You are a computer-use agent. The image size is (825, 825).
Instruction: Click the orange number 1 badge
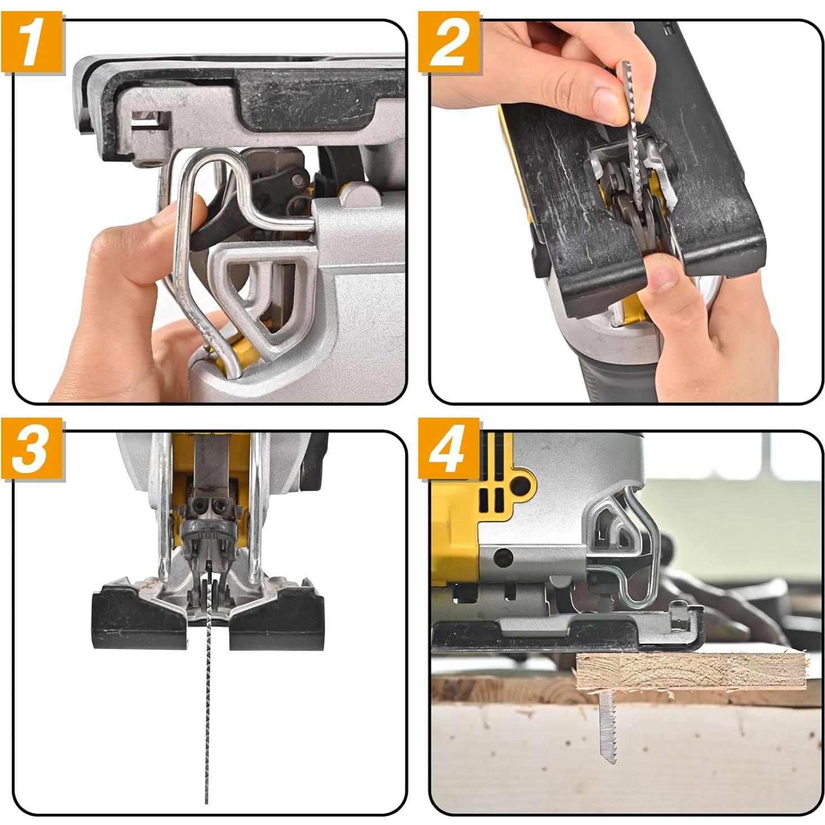(x=32, y=43)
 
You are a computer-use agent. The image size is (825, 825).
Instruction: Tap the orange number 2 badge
(x=448, y=43)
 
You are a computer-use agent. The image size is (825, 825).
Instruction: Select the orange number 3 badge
(x=32, y=449)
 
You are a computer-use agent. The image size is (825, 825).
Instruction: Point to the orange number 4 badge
(x=448, y=449)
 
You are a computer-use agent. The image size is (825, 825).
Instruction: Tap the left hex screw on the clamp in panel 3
(x=200, y=506)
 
